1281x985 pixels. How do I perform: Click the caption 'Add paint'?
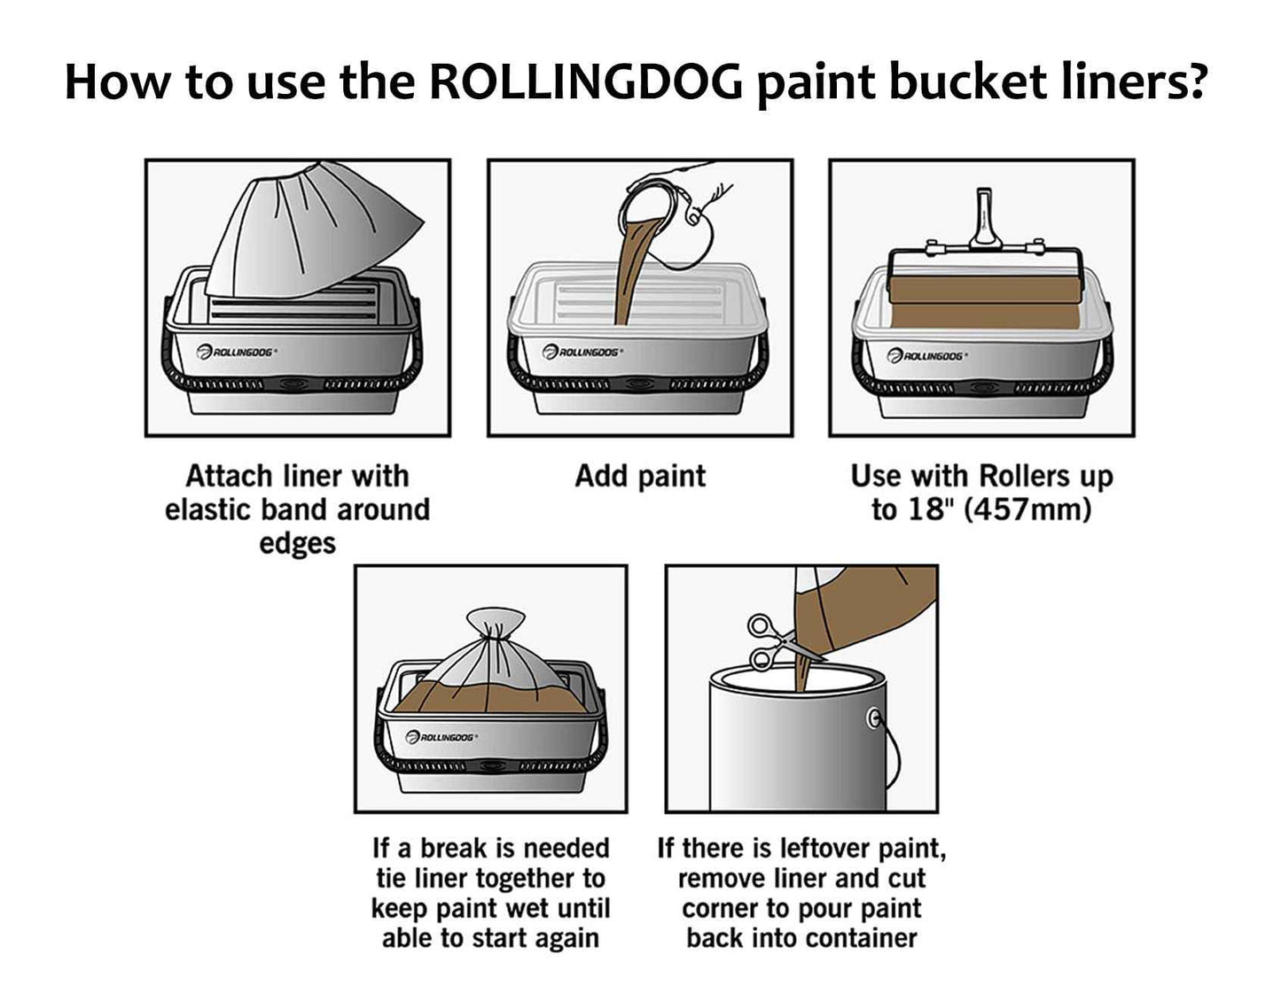pos(640,477)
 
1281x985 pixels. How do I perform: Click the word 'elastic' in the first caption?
pos(210,510)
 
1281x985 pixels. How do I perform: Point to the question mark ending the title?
pos(1196,81)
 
